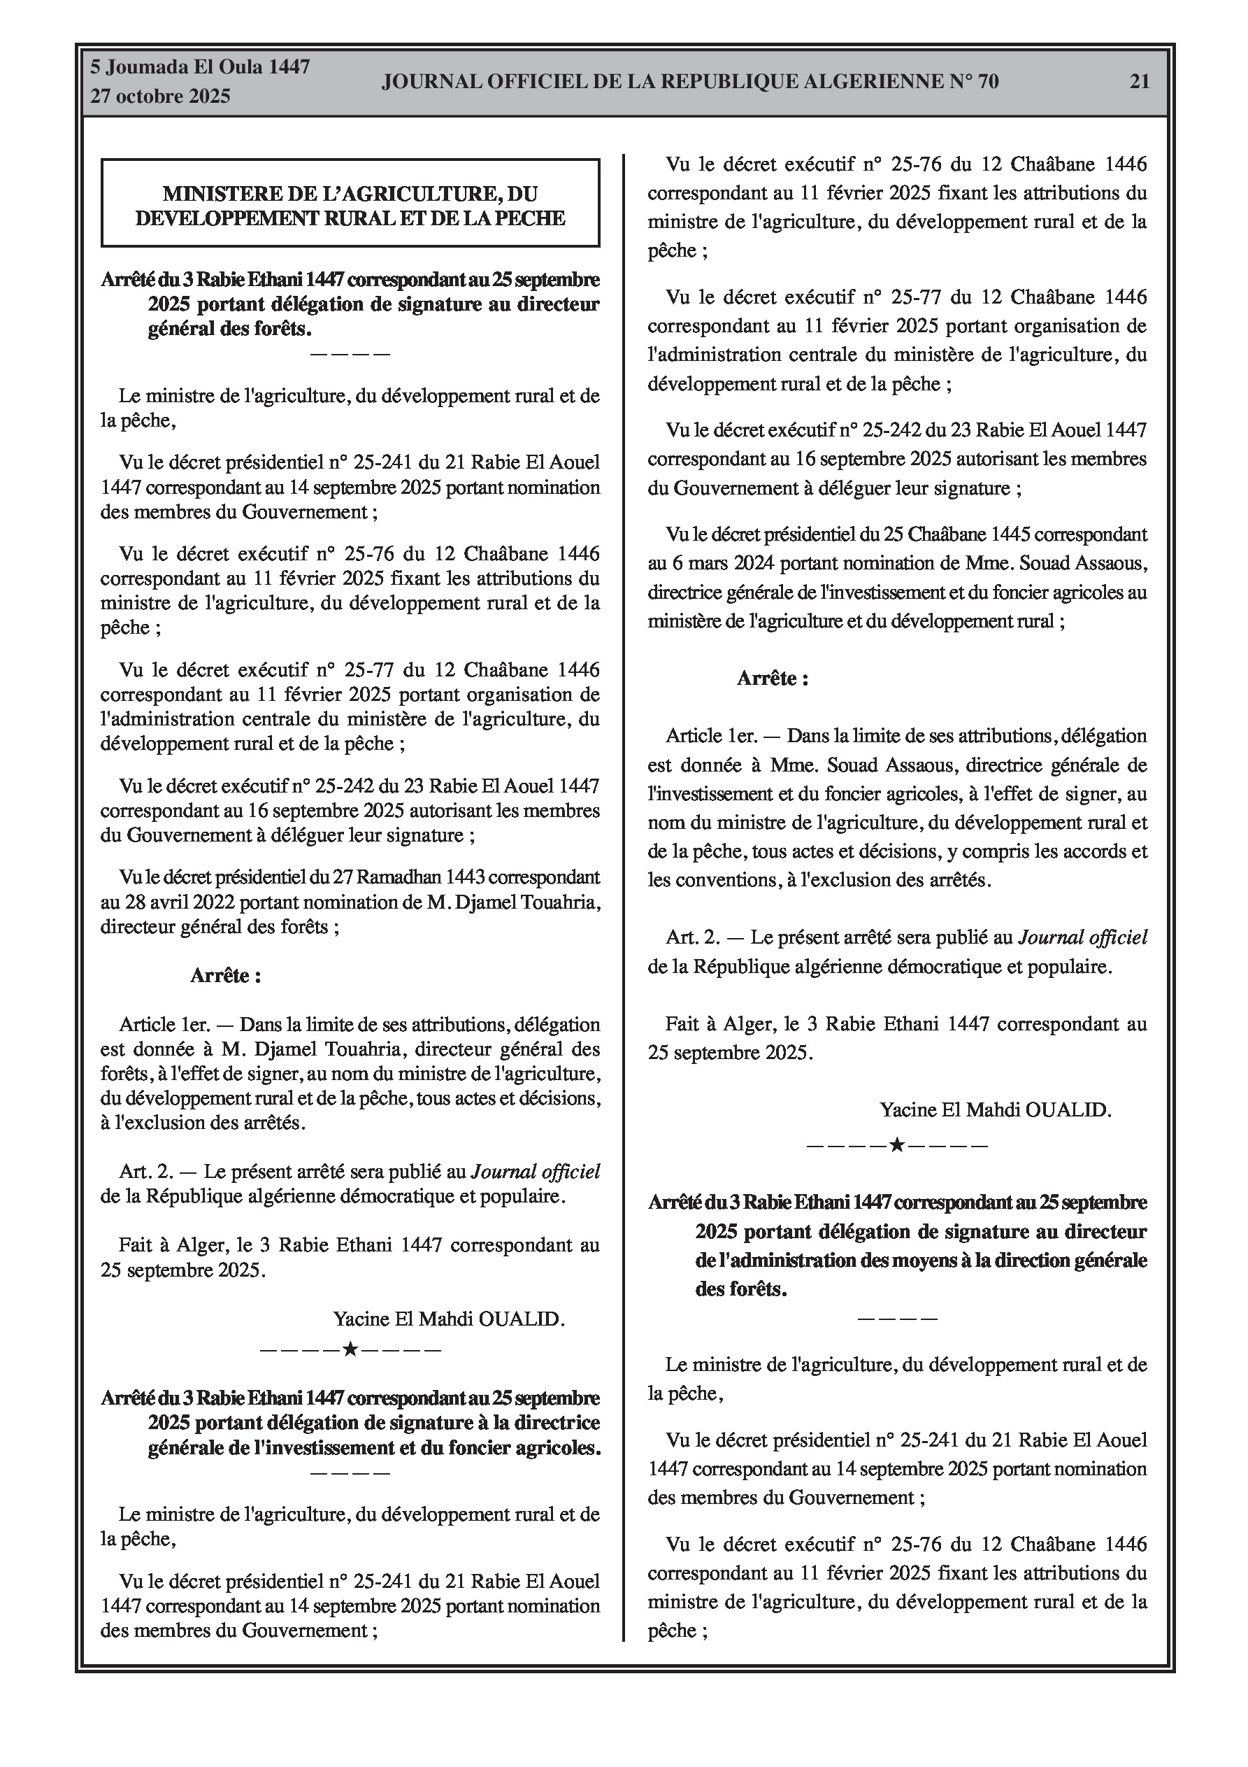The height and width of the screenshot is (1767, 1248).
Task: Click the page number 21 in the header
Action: pos(1140,82)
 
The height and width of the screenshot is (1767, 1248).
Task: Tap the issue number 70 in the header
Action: pos(988,82)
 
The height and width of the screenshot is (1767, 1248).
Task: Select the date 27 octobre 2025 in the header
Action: pos(160,97)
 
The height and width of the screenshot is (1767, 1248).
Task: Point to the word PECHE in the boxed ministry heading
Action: pos(531,218)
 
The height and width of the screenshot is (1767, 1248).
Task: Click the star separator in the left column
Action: pos(350,1350)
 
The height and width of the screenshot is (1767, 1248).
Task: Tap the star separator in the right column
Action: pos(896,1146)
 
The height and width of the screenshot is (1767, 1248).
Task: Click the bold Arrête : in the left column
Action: pos(225,976)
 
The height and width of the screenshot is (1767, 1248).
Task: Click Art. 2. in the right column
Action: pos(692,937)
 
